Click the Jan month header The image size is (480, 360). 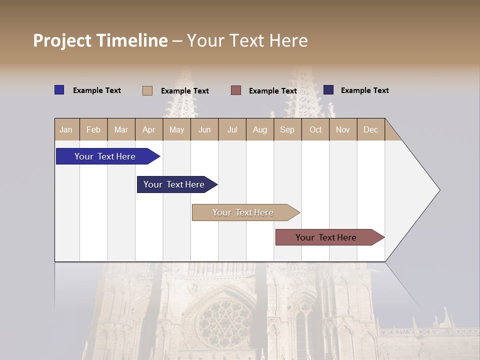66,130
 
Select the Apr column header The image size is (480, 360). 148,130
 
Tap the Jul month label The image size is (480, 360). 232,130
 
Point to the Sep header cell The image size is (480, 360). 287,130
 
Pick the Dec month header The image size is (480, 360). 370,130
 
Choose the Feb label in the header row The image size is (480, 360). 93,130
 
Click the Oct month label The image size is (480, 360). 315,130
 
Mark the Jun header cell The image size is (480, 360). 204,130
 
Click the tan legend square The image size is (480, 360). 147,90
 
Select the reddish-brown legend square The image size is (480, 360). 236,90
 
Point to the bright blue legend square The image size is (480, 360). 59,90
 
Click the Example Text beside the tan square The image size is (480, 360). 185,91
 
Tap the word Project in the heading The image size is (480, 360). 62,40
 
